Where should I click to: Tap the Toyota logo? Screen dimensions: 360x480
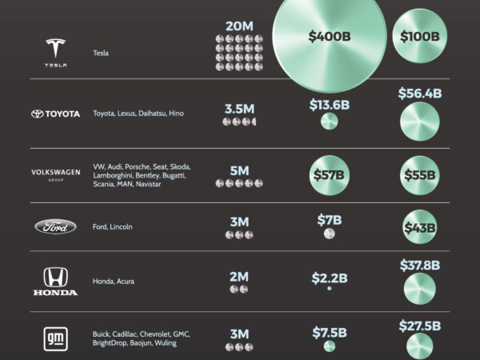[x=55, y=114]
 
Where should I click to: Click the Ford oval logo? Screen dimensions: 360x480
[x=55, y=227]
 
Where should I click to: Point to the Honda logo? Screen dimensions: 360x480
[x=55, y=282]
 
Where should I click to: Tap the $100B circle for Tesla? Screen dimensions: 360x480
[x=419, y=37]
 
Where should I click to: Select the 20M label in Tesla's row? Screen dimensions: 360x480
[x=238, y=26]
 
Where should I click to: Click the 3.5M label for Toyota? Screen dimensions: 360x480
[x=238, y=105]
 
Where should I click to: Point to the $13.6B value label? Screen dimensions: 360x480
[x=330, y=103]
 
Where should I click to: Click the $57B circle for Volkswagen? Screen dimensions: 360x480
[x=329, y=174]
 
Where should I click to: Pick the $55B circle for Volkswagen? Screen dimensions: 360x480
[x=419, y=174]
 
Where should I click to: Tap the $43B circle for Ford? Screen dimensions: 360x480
[x=419, y=228]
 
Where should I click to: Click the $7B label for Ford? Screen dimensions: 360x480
[x=329, y=218]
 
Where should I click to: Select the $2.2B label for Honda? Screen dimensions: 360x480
[x=330, y=278]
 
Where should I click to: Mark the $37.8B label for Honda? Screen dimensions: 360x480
[x=420, y=265]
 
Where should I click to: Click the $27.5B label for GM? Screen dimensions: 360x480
[x=420, y=326]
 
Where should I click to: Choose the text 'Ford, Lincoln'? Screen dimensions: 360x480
[x=113, y=227]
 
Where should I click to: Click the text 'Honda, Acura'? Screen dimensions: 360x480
[x=114, y=282]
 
